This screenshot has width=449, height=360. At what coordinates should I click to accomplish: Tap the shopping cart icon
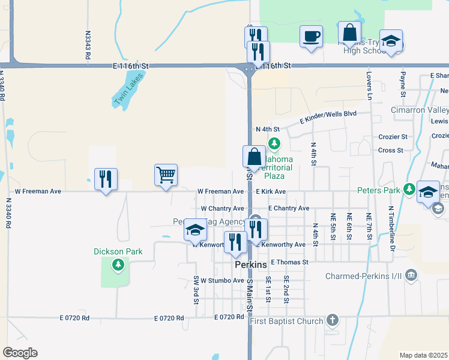point(166,175)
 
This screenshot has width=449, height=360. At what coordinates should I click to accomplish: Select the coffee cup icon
point(311,36)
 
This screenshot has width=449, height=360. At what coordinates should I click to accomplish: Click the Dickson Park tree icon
point(118,264)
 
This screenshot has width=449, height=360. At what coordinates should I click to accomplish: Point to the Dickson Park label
point(118,251)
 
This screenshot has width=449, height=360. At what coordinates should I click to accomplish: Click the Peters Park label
point(378,190)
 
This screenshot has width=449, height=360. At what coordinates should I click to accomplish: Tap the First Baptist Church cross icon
point(333,321)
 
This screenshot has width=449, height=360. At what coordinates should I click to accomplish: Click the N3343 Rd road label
point(88,44)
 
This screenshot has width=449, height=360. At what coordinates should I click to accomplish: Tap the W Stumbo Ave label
point(222,280)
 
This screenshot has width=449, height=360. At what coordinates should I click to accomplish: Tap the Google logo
point(20,353)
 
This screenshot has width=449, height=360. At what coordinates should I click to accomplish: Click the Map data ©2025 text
point(423,355)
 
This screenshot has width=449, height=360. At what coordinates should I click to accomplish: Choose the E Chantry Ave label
point(289,208)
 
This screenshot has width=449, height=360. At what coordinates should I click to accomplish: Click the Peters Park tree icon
point(409,190)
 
